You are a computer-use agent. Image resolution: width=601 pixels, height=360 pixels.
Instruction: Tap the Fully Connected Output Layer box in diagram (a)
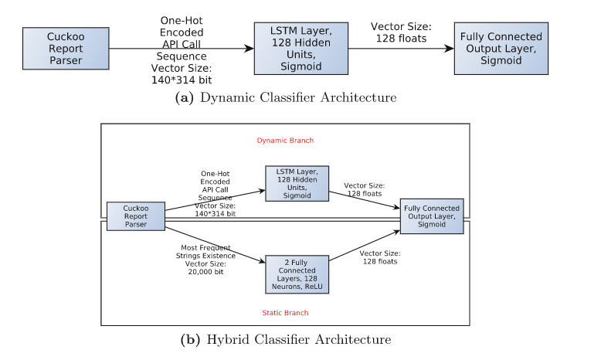click(x=501, y=48)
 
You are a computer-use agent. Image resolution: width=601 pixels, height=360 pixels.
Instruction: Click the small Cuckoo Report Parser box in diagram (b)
click(x=136, y=217)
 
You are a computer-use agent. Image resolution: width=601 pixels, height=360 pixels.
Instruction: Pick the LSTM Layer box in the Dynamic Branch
click(x=297, y=184)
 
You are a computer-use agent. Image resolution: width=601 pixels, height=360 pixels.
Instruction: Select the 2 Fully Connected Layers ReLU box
click(x=297, y=274)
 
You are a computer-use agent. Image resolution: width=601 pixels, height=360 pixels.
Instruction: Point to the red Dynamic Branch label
click(x=285, y=141)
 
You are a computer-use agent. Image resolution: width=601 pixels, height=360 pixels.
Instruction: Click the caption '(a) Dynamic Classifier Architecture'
click(x=286, y=98)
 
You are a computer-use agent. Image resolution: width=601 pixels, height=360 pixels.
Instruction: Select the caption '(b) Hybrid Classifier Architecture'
click(x=286, y=340)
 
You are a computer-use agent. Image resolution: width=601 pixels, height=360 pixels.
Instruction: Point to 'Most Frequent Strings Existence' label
click(x=202, y=251)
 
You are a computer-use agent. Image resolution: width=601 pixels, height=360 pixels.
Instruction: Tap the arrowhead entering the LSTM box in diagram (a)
click(x=249, y=48)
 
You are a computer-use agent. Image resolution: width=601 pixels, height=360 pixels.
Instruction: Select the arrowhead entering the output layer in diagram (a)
click(x=449, y=48)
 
